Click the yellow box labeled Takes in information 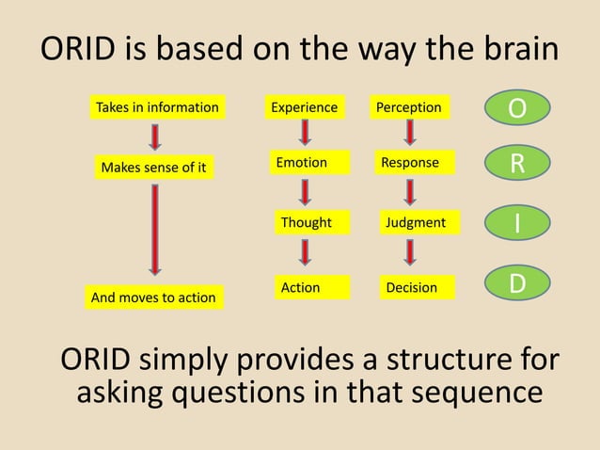click(157, 108)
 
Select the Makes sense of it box click(153, 169)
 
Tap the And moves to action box click(153, 297)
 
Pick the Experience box click(304, 108)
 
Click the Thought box click(307, 223)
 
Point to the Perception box click(409, 108)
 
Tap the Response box click(410, 164)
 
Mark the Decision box click(412, 287)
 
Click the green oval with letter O click(517, 108)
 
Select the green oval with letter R click(517, 164)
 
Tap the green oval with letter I click(517, 223)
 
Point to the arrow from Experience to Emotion click(305, 136)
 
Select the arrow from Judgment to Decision click(410, 252)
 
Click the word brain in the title click(510, 50)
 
